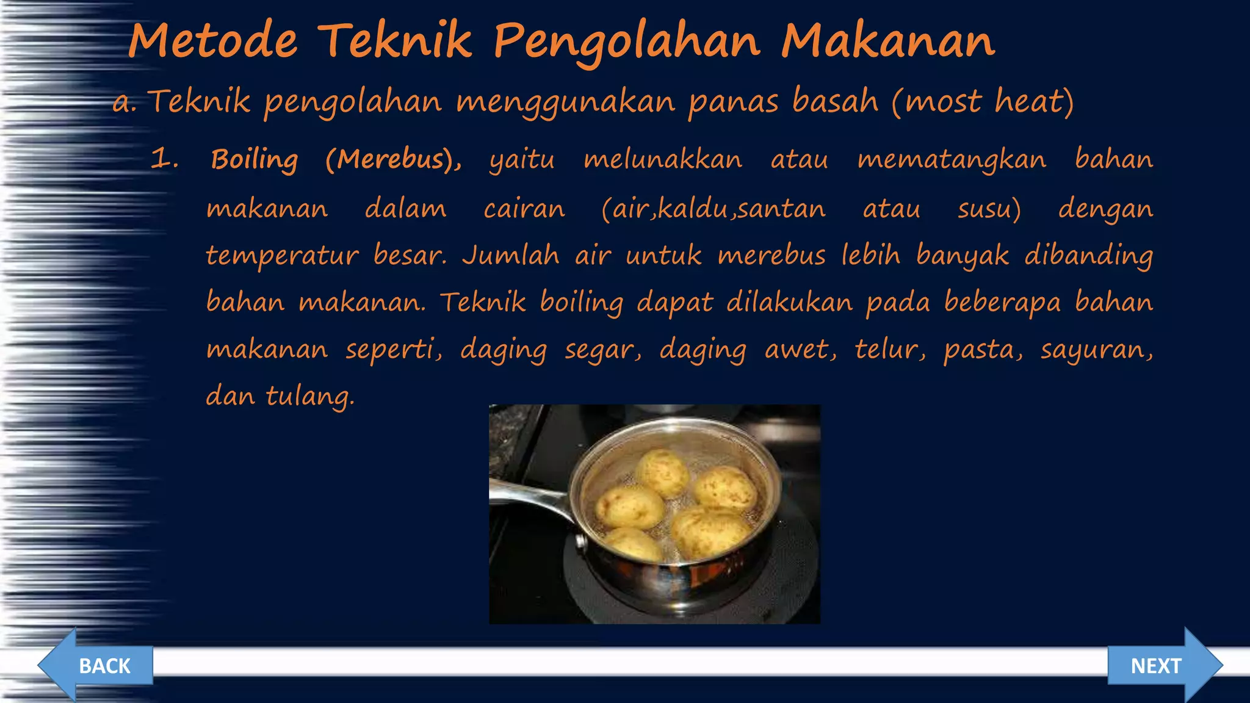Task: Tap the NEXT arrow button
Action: pyautogui.click(x=1163, y=665)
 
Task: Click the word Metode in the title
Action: pyautogui.click(x=213, y=41)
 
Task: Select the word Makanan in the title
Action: pyautogui.click(x=888, y=41)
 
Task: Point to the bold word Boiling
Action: pyautogui.click(x=255, y=160)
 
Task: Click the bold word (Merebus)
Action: pyautogui.click(x=392, y=160)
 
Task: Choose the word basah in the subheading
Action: pyautogui.click(x=835, y=101)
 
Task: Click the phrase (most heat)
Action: pyautogui.click(x=983, y=101)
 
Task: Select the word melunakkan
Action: pyautogui.click(x=663, y=160)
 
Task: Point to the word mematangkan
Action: pyautogui.click(x=952, y=160)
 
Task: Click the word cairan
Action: pyautogui.click(x=524, y=209)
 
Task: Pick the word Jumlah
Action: pyautogui.click(x=511, y=255)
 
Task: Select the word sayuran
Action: pyautogui.click(x=1096, y=350)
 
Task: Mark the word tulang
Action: pyautogui.click(x=309, y=397)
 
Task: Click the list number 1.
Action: pyautogui.click(x=164, y=160)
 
